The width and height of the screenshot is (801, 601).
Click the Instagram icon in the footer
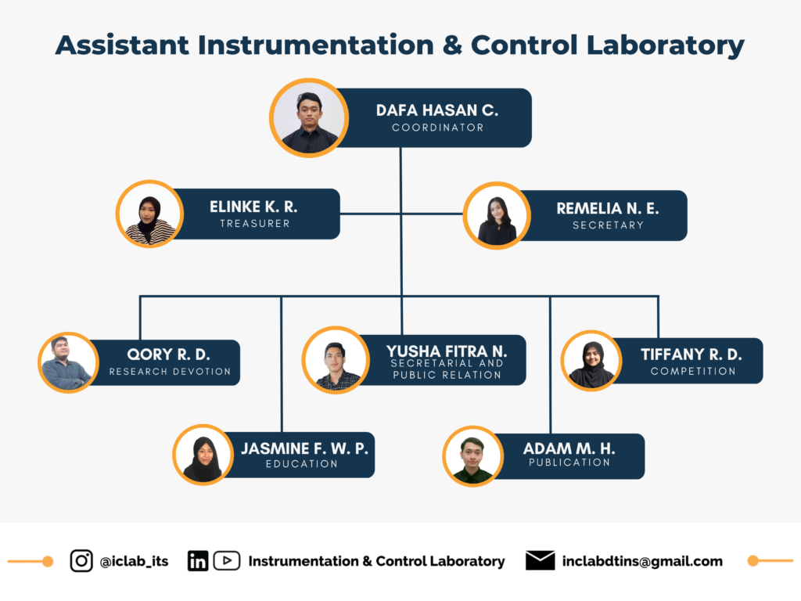coord(81,560)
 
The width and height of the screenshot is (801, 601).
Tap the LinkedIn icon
coord(198,560)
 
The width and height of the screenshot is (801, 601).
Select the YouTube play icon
coord(227,560)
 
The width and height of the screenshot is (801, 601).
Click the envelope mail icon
coord(540,560)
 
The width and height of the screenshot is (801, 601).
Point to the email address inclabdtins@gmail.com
coord(642,561)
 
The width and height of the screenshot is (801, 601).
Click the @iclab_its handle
coord(135,561)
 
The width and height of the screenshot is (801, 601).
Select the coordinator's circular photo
coord(309,118)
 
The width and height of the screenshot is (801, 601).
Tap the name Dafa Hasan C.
coord(437,110)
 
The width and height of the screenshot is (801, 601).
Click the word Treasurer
coord(255,223)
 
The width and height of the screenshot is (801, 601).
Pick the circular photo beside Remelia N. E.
coord(497,216)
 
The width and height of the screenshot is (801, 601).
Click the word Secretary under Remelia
coord(608,225)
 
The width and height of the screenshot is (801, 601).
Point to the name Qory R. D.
coord(169,354)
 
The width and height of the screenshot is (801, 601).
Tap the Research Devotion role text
coord(170,372)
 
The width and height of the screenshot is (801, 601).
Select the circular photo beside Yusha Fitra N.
coord(336,360)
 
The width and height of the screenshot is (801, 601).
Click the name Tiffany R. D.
coord(691,354)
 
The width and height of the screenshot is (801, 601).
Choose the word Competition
coord(693,371)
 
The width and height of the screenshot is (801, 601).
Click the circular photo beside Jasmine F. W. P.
coord(203,455)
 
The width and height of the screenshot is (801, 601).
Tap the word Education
coord(301,463)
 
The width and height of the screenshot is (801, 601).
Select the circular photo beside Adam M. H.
coord(472,456)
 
